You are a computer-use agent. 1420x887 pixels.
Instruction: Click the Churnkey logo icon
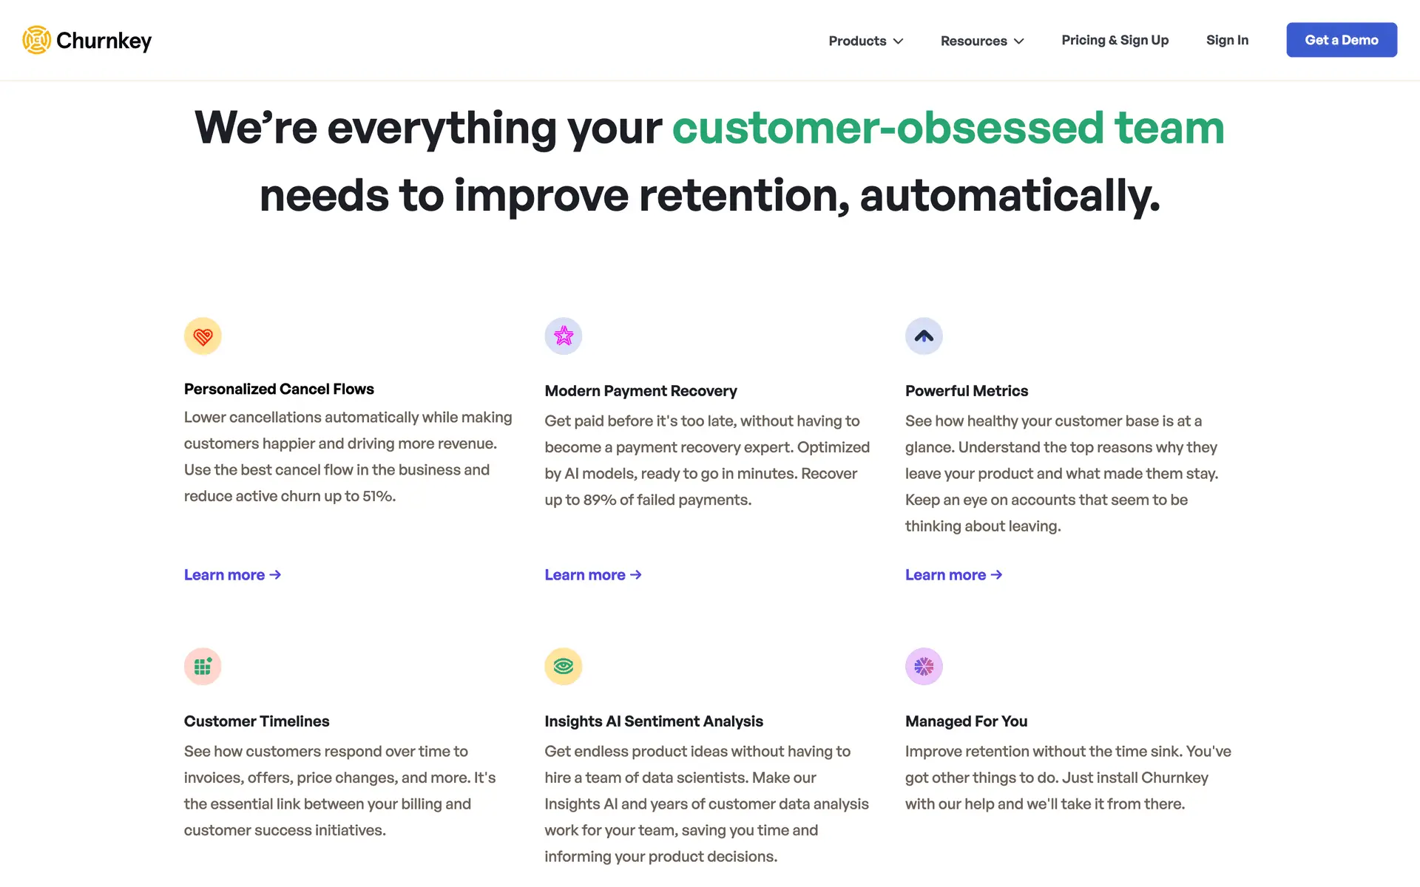coord(36,40)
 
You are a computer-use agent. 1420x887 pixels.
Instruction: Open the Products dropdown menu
coord(866,41)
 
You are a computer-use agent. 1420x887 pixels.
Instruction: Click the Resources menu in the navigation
coord(982,41)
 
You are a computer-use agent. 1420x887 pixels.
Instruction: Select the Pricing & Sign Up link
coord(1115,40)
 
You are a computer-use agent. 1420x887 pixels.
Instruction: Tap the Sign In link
coord(1227,40)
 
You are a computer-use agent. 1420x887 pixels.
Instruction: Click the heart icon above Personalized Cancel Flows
coord(203,336)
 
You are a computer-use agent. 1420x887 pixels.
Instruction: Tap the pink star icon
coord(564,336)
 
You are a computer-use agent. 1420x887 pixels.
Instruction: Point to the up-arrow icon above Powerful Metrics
coord(924,336)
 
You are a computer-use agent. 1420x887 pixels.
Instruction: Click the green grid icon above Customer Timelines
coord(203,667)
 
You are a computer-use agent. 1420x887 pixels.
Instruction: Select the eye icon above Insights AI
coord(564,667)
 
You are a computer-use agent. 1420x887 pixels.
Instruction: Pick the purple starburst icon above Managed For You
coord(924,667)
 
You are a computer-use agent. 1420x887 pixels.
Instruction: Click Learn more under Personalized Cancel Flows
coord(232,575)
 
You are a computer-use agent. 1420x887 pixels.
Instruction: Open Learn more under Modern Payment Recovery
coord(593,575)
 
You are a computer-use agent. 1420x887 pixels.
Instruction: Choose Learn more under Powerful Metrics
coord(954,575)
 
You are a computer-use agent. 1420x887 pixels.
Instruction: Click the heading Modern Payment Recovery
coord(640,391)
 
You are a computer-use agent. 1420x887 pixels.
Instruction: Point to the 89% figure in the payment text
coord(599,500)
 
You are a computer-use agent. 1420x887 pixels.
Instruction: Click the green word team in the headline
coord(1169,128)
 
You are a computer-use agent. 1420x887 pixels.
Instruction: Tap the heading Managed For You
coord(966,721)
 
